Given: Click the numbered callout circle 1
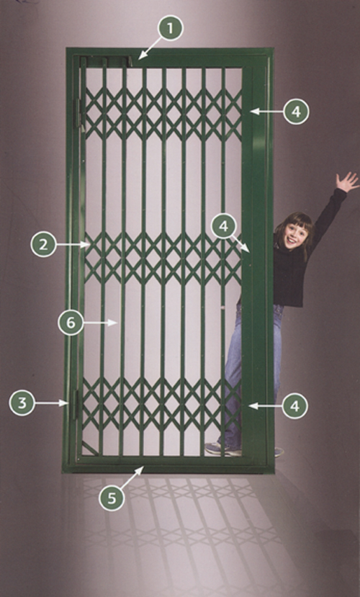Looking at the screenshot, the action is point(170,28).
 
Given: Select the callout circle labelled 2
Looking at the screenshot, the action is point(43,244).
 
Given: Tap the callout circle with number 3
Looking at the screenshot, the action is point(22,403).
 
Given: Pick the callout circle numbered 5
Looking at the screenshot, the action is point(112,498).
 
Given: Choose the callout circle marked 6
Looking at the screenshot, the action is point(71,323).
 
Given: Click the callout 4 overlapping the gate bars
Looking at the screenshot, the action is point(223,226).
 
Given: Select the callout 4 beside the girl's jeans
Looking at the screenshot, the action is point(295,406).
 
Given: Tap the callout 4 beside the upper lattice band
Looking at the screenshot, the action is point(296,111).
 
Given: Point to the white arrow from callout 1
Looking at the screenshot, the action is point(149,48).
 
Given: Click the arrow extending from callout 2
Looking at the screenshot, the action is point(73,244).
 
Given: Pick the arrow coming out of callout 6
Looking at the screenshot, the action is point(100,323).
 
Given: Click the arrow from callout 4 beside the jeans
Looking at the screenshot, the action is point(265,406).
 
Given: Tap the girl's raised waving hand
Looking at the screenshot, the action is point(347,182).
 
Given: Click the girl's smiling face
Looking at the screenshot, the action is point(296,235).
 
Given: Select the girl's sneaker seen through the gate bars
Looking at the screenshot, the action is point(221,449).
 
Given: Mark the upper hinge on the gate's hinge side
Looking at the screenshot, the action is point(79,113).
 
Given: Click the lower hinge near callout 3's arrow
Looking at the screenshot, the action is point(76,404).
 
